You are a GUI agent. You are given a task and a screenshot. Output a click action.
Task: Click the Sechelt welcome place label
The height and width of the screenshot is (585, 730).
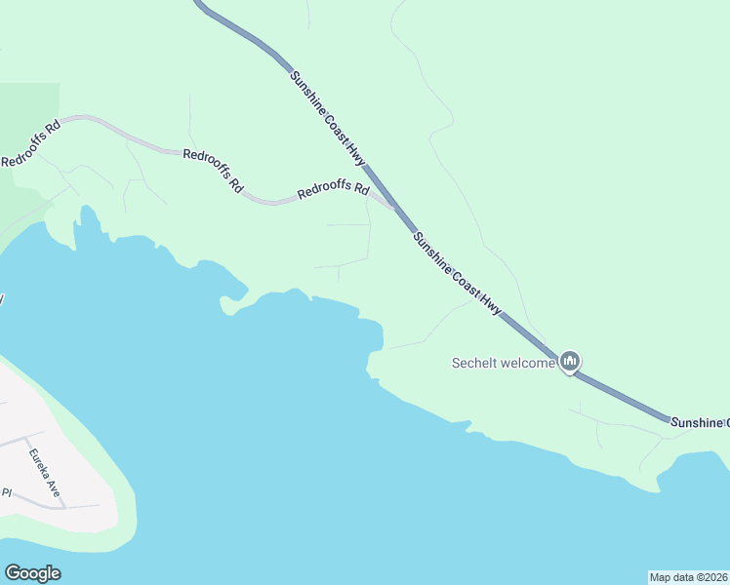(x=503, y=364)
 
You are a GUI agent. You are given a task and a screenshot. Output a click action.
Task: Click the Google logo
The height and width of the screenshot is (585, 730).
(x=32, y=573)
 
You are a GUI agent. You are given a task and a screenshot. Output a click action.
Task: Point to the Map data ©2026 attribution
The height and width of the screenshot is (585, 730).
(x=689, y=577)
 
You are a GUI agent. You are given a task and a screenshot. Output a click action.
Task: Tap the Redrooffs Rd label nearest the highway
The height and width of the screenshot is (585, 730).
(x=333, y=191)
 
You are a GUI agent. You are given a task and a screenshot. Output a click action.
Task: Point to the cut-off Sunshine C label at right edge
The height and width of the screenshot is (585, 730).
(x=699, y=421)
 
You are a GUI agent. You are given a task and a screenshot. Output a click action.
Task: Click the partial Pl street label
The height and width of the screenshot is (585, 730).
(x=6, y=492)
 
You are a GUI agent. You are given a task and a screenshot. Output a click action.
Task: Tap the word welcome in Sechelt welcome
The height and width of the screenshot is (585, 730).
(x=528, y=364)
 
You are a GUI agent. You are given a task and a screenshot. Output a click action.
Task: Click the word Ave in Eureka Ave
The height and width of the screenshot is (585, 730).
(x=54, y=487)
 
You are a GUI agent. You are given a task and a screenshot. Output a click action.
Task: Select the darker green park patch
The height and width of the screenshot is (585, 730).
(x=24, y=156)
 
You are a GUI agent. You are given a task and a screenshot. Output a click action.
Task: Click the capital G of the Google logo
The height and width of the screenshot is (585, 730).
(x=13, y=573)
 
